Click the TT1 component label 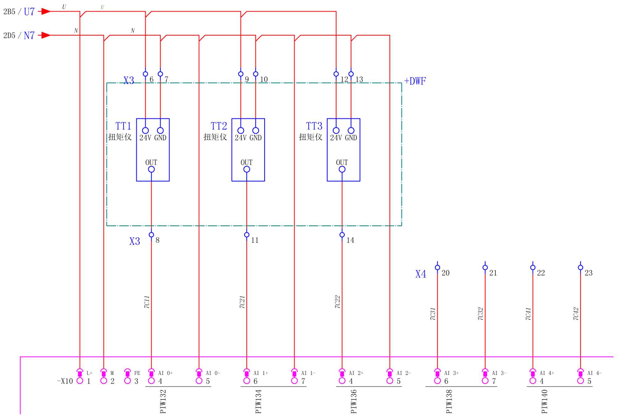point(123,126)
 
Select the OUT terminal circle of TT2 point(246,169)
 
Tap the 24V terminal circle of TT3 point(336,130)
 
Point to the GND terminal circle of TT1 point(160,130)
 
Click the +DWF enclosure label point(415,81)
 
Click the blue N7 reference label point(29,35)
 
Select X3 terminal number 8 point(157,240)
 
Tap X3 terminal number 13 point(359,79)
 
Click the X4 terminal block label point(420,274)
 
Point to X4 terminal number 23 point(588,273)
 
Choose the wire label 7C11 point(147,302)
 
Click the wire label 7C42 point(576,314)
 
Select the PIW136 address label point(354,401)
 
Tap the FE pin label point(137,373)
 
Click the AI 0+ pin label point(165,373)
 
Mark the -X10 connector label point(65,381)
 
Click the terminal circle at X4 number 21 point(485,268)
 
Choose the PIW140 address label point(544,401)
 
